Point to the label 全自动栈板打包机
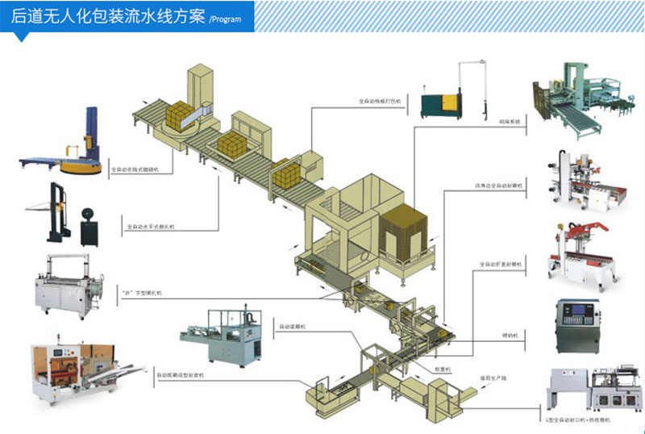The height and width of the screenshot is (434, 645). (377, 102)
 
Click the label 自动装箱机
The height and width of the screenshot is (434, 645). (292, 327)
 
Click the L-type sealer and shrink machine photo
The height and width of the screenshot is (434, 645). (583, 390)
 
